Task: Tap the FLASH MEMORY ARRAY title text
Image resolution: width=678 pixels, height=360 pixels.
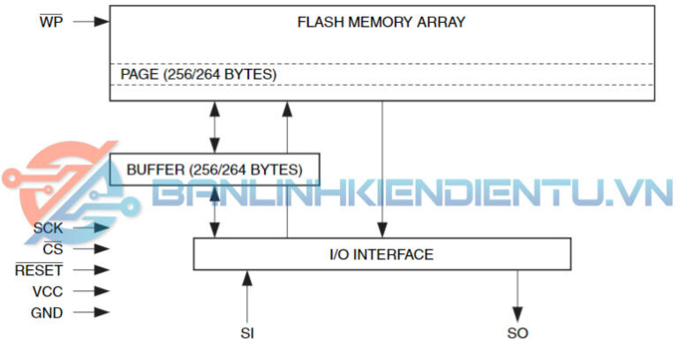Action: (380, 22)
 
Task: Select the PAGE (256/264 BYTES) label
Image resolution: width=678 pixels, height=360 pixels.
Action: (198, 75)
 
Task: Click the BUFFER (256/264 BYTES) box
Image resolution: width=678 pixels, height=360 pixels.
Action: (214, 168)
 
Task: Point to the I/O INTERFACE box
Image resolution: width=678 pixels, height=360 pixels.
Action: (380, 255)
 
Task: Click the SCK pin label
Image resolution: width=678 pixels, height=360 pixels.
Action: (48, 229)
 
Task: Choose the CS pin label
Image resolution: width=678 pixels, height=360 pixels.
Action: (52, 250)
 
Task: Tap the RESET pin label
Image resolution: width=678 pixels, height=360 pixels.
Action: (39, 270)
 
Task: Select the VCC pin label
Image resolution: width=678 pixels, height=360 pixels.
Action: (47, 291)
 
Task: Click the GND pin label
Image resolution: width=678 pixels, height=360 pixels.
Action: (47, 312)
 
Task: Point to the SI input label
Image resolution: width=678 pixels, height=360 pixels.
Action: (247, 334)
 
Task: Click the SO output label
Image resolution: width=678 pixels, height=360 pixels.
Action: (517, 334)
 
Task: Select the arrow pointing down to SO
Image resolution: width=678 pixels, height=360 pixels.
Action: (517, 296)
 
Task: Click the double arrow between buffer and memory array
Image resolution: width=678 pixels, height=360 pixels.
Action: (213, 128)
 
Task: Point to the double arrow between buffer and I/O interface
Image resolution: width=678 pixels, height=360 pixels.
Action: (213, 211)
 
